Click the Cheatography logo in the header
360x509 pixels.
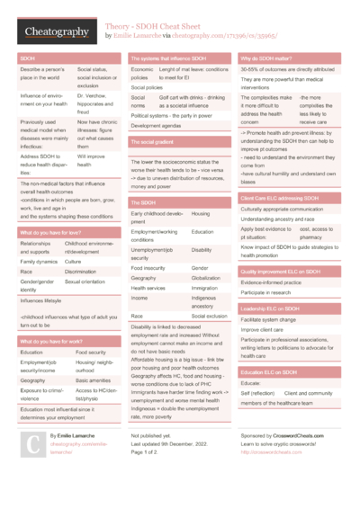[57, 32]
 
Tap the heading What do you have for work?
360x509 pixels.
[51, 342]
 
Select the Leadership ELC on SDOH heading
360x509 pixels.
[274, 308]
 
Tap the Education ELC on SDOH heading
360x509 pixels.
[270, 371]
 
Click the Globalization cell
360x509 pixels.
[208, 279]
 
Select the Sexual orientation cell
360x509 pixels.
[91, 281]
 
